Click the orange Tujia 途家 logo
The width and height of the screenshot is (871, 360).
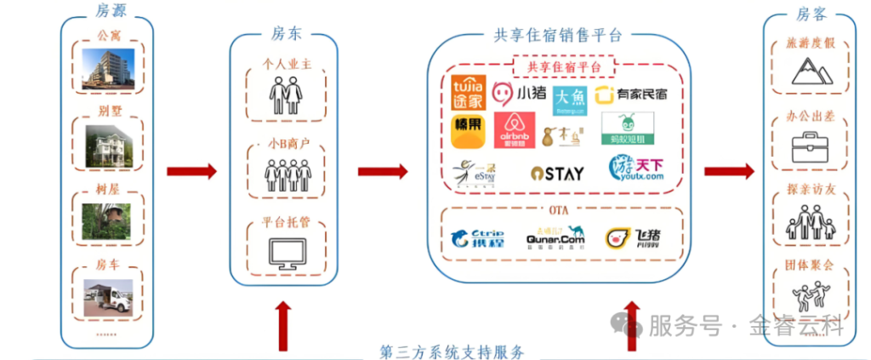click(x=468, y=92)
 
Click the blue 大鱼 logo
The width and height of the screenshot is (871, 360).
click(x=569, y=100)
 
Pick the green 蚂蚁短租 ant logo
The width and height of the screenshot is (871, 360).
click(x=627, y=129)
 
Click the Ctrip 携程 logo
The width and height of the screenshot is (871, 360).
click(x=477, y=238)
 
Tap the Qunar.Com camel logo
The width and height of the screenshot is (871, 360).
click(x=555, y=237)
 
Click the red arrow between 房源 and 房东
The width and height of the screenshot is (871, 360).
click(x=191, y=172)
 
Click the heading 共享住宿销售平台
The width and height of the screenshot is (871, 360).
click(x=557, y=35)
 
